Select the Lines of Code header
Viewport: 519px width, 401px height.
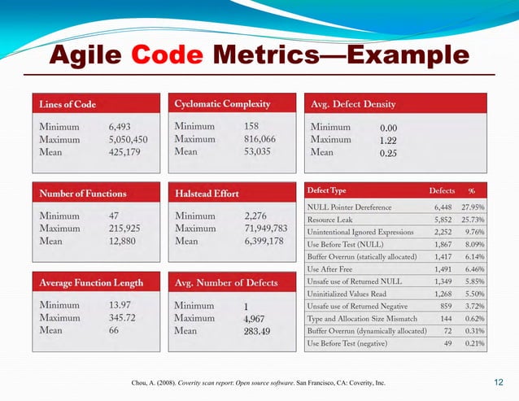pyautogui.click(x=68, y=104)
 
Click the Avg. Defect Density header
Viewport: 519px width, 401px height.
pyautogui.click(x=353, y=104)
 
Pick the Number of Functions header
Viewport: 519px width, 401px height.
pyautogui.click(x=83, y=194)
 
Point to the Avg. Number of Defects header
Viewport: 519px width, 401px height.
pyautogui.click(x=226, y=282)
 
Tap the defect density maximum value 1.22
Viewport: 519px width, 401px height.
pyautogui.click(x=388, y=140)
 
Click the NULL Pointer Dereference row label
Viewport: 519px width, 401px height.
pyautogui.click(x=349, y=207)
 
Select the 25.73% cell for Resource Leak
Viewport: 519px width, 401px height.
pyautogui.click(x=472, y=220)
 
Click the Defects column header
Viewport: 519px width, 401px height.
pyautogui.click(x=442, y=190)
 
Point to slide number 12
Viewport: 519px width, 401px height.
pyautogui.click(x=499, y=381)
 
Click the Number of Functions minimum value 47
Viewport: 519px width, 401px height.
pyautogui.click(x=115, y=216)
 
